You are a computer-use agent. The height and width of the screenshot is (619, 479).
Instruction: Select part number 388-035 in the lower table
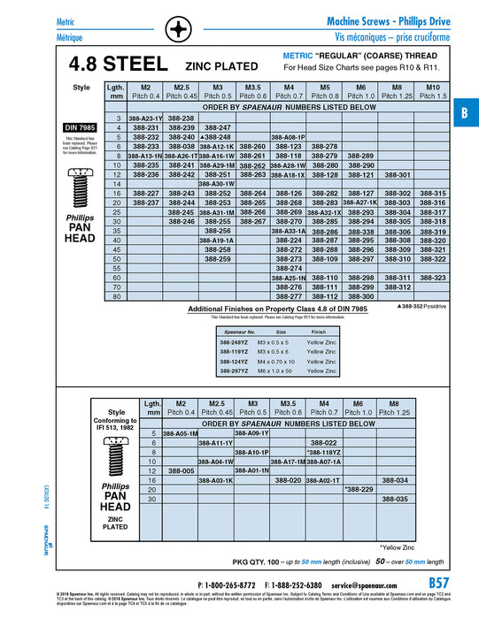[x=396, y=499]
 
